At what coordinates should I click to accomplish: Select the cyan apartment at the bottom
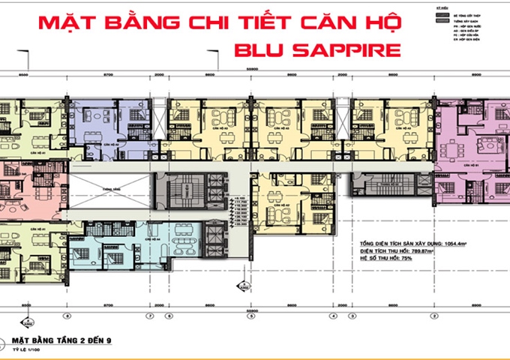point(120,251)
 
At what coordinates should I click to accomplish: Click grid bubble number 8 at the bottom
point(67,316)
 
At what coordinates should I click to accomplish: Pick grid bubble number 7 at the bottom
point(150,316)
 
